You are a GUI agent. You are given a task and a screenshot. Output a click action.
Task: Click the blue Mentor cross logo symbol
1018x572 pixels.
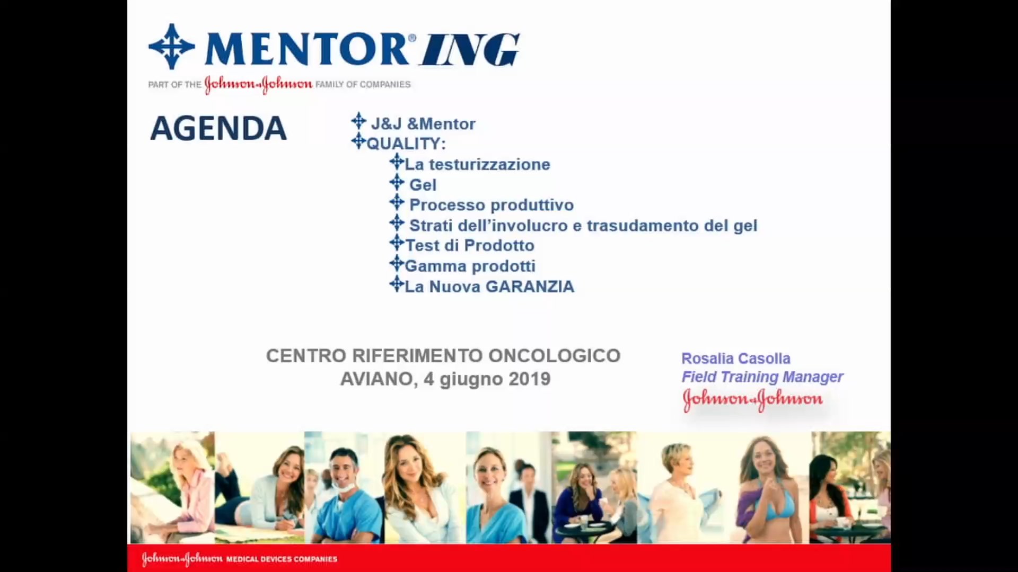(x=171, y=47)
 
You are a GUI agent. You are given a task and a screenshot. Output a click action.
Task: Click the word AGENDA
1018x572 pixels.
(x=218, y=129)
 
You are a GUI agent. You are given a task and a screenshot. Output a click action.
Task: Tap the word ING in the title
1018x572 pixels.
(x=470, y=50)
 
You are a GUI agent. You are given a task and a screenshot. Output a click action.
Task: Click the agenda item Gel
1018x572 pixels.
(x=423, y=185)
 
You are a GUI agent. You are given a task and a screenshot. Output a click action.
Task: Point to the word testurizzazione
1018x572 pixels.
(x=489, y=164)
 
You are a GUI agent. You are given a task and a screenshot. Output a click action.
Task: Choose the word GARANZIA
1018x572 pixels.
(x=530, y=287)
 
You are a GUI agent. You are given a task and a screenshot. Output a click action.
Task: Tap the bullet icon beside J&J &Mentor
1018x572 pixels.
(x=358, y=121)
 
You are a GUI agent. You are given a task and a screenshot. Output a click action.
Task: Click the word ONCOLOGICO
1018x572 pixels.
(x=554, y=355)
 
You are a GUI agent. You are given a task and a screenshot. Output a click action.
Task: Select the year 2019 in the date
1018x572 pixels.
(x=529, y=379)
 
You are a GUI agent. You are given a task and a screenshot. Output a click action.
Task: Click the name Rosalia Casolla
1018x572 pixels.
(x=735, y=359)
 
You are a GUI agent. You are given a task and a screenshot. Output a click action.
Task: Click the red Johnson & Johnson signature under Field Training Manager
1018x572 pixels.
(x=752, y=400)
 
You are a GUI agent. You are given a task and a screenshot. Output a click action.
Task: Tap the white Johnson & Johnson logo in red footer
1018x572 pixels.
(x=182, y=559)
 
